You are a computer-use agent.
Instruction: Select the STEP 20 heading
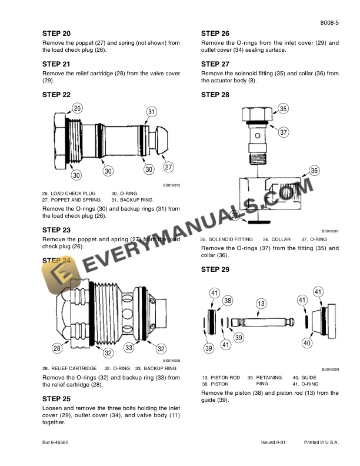(x=56, y=34)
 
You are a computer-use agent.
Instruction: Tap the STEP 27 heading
(x=215, y=64)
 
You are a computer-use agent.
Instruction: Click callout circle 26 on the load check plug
(x=77, y=108)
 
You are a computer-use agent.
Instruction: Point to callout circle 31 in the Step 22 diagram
(x=152, y=112)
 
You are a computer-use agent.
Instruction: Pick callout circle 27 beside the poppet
(x=168, y=167)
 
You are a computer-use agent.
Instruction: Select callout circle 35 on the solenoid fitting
(x=283, y=109)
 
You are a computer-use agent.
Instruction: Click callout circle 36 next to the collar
(x=314, y=171)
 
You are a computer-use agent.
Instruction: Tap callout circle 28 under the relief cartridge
(x=57, y=348)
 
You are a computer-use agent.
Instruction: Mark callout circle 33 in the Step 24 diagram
(x=128, y=348)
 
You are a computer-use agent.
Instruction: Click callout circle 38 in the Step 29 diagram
(x=228, y=301)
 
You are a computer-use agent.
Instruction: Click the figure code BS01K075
(x=171, y=186)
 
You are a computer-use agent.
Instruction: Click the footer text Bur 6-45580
(x=56, y=442)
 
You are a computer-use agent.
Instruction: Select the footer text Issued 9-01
(x=274, y=442)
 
